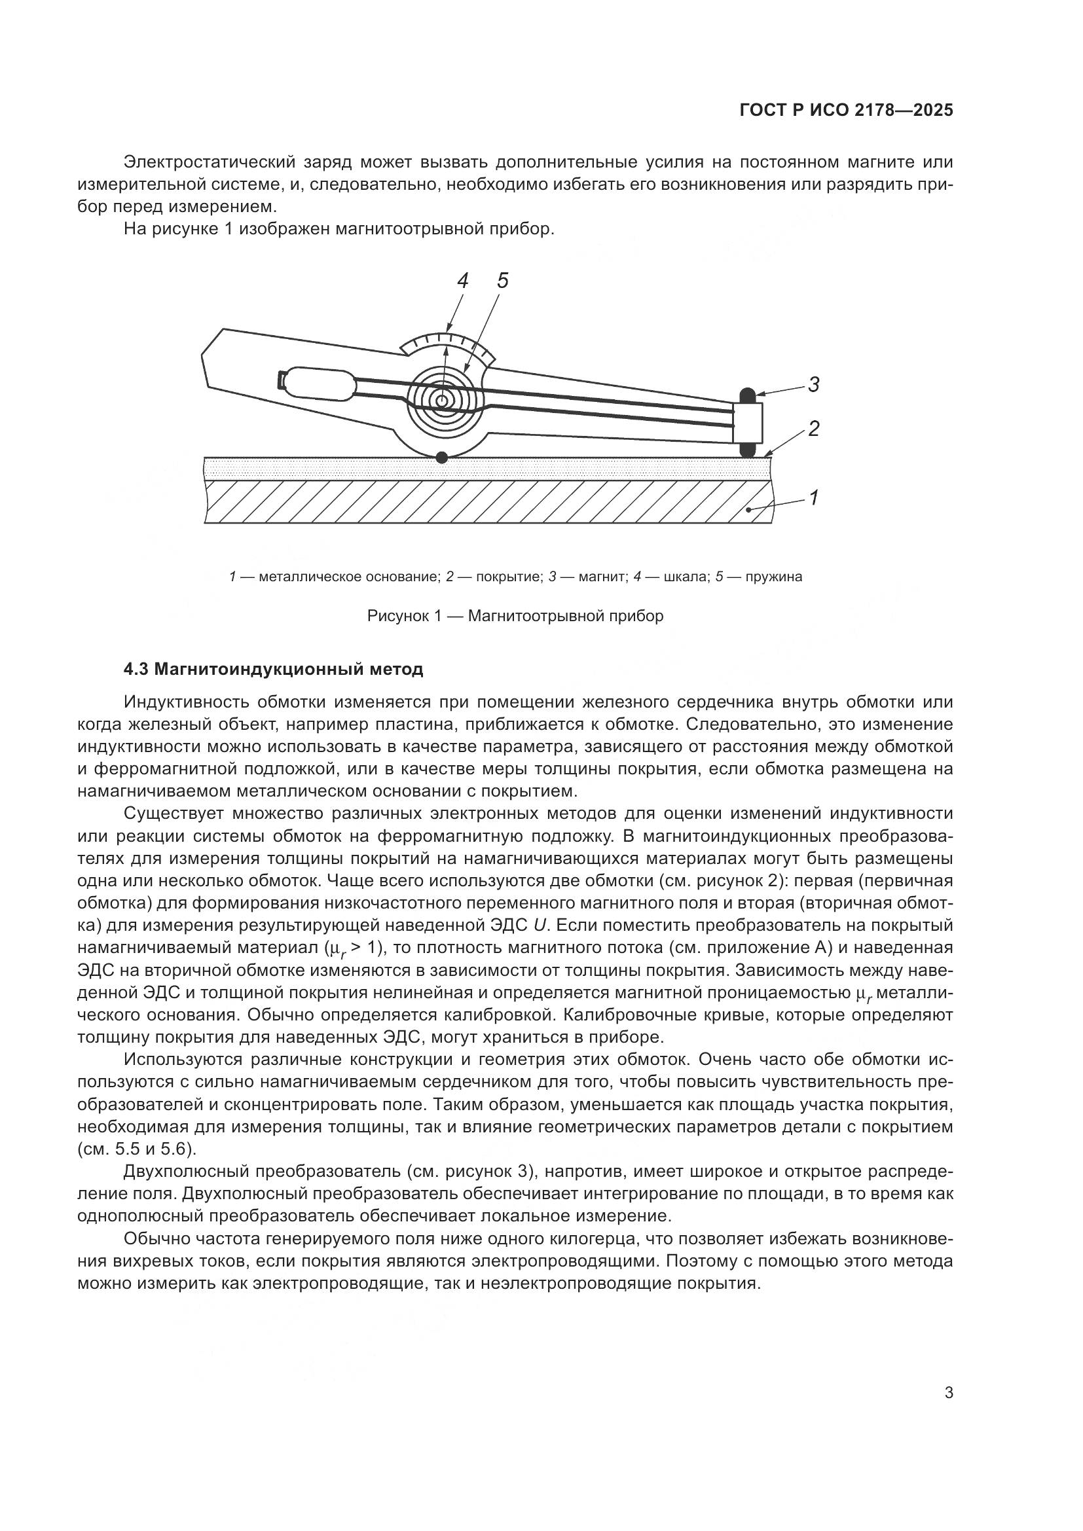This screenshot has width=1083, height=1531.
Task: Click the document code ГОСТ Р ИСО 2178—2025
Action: coord(845,111)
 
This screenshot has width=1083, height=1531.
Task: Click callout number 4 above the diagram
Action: coord(462,281)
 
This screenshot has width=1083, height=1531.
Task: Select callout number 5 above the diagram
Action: coord(502,281)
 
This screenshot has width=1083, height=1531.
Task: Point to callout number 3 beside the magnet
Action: coord(814,385)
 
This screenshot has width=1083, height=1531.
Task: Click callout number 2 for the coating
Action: coord(814,428)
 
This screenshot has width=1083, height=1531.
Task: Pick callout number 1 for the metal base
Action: coord(814,497)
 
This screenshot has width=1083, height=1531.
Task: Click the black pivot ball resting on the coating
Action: coord(441,458)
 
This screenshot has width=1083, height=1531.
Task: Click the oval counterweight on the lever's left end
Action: coord(320,384)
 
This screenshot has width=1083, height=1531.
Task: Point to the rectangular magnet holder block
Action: coord(748,423)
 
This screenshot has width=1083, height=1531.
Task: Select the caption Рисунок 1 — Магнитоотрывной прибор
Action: coord(515,616)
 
